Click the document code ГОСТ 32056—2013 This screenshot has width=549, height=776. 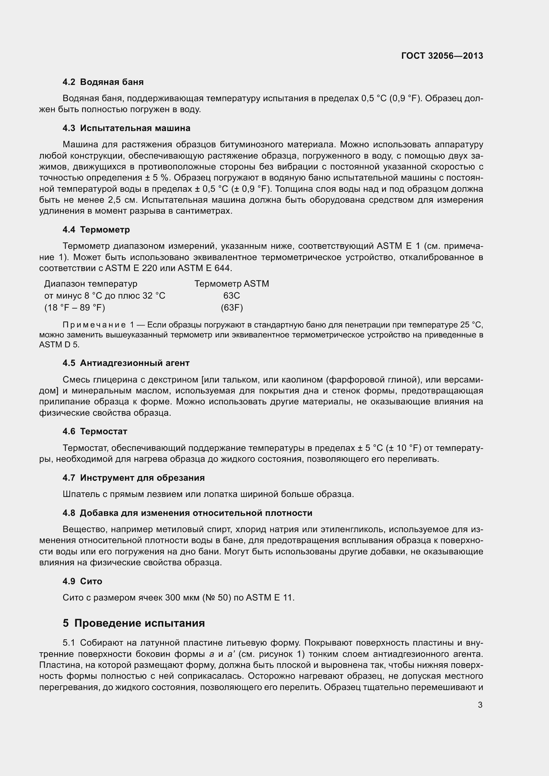[x=442, y=56]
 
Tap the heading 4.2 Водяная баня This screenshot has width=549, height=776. [x=103, y=82]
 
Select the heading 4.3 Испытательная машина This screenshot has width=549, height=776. [x=126, y=128]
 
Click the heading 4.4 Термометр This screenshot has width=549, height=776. [x=96, y=230]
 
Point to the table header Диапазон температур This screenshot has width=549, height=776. [x=91, y=284]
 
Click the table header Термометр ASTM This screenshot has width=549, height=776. [x=232, y=284]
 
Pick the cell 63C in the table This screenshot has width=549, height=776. [x=232, y=296]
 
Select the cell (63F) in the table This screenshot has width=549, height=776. [x=232, y=308]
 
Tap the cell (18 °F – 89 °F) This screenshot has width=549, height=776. [x=75, y=308]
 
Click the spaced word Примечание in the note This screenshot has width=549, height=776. [x=94, y=325]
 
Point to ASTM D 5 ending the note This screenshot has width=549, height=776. [x=58, y=345]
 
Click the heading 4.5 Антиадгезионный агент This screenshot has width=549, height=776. [x=126, y=363]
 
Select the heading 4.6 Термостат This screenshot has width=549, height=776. [x=95, y=431]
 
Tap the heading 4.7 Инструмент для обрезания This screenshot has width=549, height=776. [x=133, y=477]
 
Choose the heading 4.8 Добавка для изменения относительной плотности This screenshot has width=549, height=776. [x=187, y=513]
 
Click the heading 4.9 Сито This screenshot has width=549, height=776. [x=82, y=581]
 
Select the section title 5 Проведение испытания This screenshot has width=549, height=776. [x=133, y=623]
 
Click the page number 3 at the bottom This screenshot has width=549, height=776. [x=480, y=705]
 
